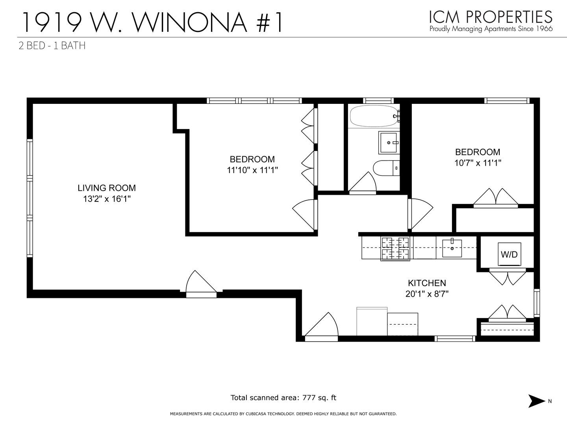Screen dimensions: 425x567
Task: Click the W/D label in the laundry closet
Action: tap(509, 255)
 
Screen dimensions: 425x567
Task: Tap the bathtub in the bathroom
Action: tap(374, 116)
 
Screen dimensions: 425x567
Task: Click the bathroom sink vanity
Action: tap(389, 142)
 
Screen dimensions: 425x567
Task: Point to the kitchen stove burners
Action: tap(395, 248)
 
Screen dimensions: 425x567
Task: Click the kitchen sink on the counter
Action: tap(452, 248)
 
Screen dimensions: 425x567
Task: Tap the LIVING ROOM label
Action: tap(106, 188)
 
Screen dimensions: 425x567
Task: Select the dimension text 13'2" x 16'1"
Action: tap(106, 199)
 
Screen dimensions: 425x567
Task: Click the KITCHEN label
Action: tap(427, 283)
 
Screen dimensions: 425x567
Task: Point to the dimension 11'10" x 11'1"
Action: tap(252, 170)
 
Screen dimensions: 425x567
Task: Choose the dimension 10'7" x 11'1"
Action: tap(477, 163)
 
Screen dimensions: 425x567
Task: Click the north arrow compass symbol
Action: tap(536, 401)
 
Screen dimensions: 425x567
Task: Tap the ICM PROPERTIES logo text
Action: tap(491, 17)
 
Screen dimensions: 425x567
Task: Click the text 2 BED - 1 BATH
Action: tap(52, 46)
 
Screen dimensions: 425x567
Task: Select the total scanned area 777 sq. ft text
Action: tap(283, 397)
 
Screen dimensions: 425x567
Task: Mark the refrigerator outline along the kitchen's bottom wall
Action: tap(372, 322)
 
